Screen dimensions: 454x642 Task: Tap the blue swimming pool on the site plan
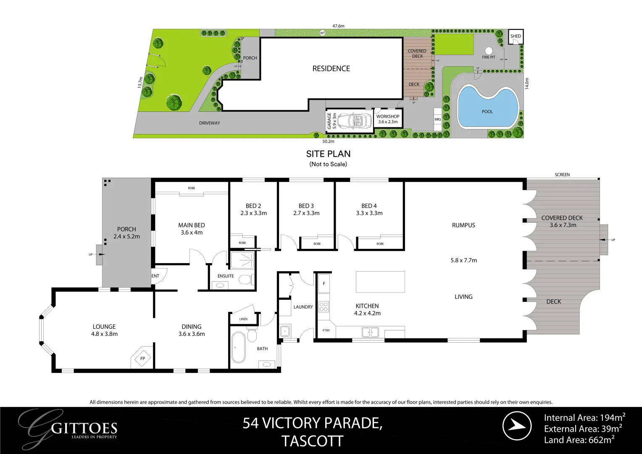click(487, 107)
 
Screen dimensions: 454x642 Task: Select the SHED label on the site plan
click(516, 36)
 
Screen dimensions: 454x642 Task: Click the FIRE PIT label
click(488, 57)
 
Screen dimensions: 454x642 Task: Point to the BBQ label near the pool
click(438, 119)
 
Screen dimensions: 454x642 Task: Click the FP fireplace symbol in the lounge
click(142, 359)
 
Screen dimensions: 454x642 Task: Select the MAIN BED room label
click(192, 225)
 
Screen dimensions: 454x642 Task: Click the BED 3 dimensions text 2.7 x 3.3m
click(306, 213)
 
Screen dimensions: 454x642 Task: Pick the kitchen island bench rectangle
click(380, 282)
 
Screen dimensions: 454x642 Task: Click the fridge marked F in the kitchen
click(324, 284)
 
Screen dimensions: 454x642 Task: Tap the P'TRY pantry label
click(326, 330)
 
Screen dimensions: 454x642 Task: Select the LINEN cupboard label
click(243, 319)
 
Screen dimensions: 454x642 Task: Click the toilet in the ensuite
click(245, 280)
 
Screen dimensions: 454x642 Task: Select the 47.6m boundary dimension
click(338, 26)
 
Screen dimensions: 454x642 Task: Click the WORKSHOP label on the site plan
click(387, 116)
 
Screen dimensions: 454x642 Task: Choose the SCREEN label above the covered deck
click(562, 174)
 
